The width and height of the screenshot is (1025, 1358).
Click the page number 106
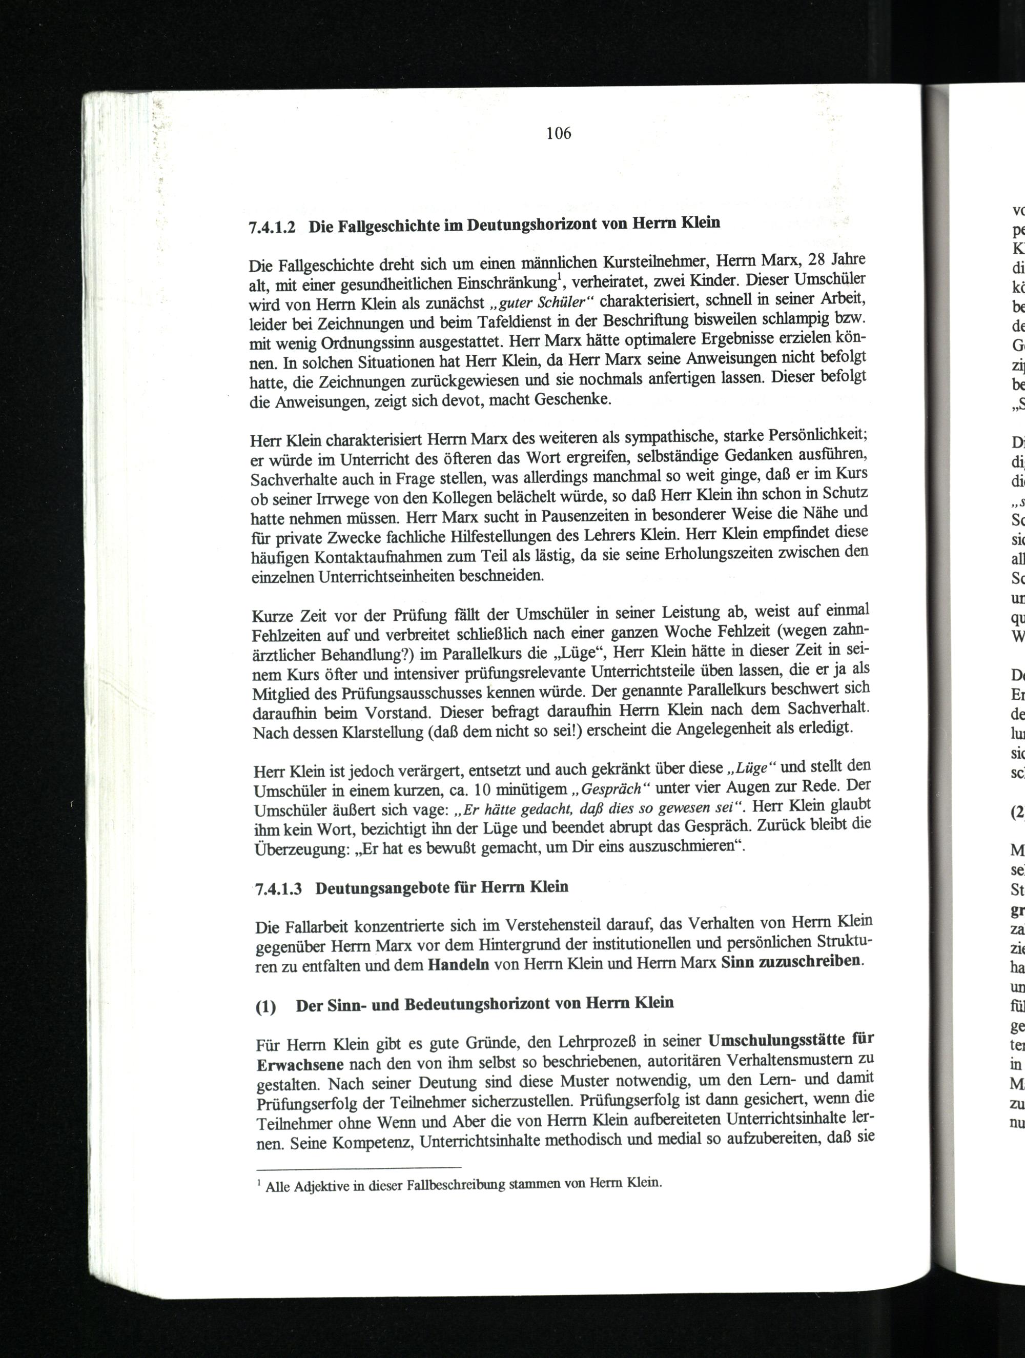(x=559, y=133)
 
